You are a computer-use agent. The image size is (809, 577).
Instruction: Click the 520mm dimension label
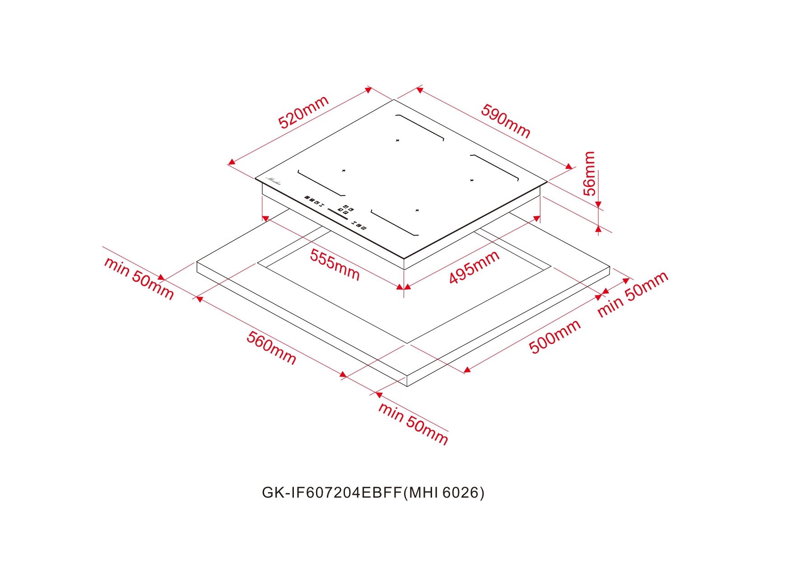coord(303,112)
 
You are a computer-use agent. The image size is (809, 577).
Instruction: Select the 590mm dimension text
coord(505,121)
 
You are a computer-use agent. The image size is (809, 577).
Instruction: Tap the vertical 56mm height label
coord(589,173)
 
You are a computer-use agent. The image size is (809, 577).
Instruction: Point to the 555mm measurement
coord(335,265)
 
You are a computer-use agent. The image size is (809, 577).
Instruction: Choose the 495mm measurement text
coord(474,267)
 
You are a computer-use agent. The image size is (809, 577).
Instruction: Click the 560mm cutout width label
coord(271,348)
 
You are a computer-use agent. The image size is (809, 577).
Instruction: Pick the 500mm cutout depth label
coord(554,336)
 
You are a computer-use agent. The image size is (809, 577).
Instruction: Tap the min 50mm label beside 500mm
coord(632,294)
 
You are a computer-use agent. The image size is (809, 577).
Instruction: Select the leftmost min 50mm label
coord(139,278)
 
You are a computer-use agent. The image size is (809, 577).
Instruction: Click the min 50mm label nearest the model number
coord(413,423)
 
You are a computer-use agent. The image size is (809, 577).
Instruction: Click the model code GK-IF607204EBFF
coord(332,493)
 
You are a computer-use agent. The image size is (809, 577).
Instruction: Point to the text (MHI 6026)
coord(443,493)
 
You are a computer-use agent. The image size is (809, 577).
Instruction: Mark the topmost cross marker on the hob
coord(397,140)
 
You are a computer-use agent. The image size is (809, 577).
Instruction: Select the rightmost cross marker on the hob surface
coord(472,180)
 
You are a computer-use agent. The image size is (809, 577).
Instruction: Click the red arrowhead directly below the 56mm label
coord(599,205)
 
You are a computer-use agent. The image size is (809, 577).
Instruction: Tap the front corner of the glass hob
coord(404,259)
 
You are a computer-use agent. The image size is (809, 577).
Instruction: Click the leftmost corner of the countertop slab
coord(197,262)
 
